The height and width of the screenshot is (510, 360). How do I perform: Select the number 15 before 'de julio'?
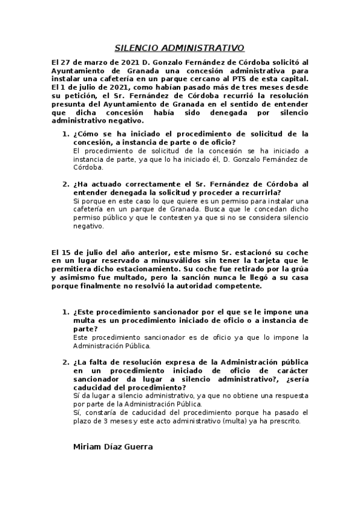pos(66,252)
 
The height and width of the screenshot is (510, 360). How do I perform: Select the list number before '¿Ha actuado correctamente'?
pos(66,184)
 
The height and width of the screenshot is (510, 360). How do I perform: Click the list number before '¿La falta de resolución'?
pos(66,362)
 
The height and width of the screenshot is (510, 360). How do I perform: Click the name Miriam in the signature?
pos(88,447)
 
